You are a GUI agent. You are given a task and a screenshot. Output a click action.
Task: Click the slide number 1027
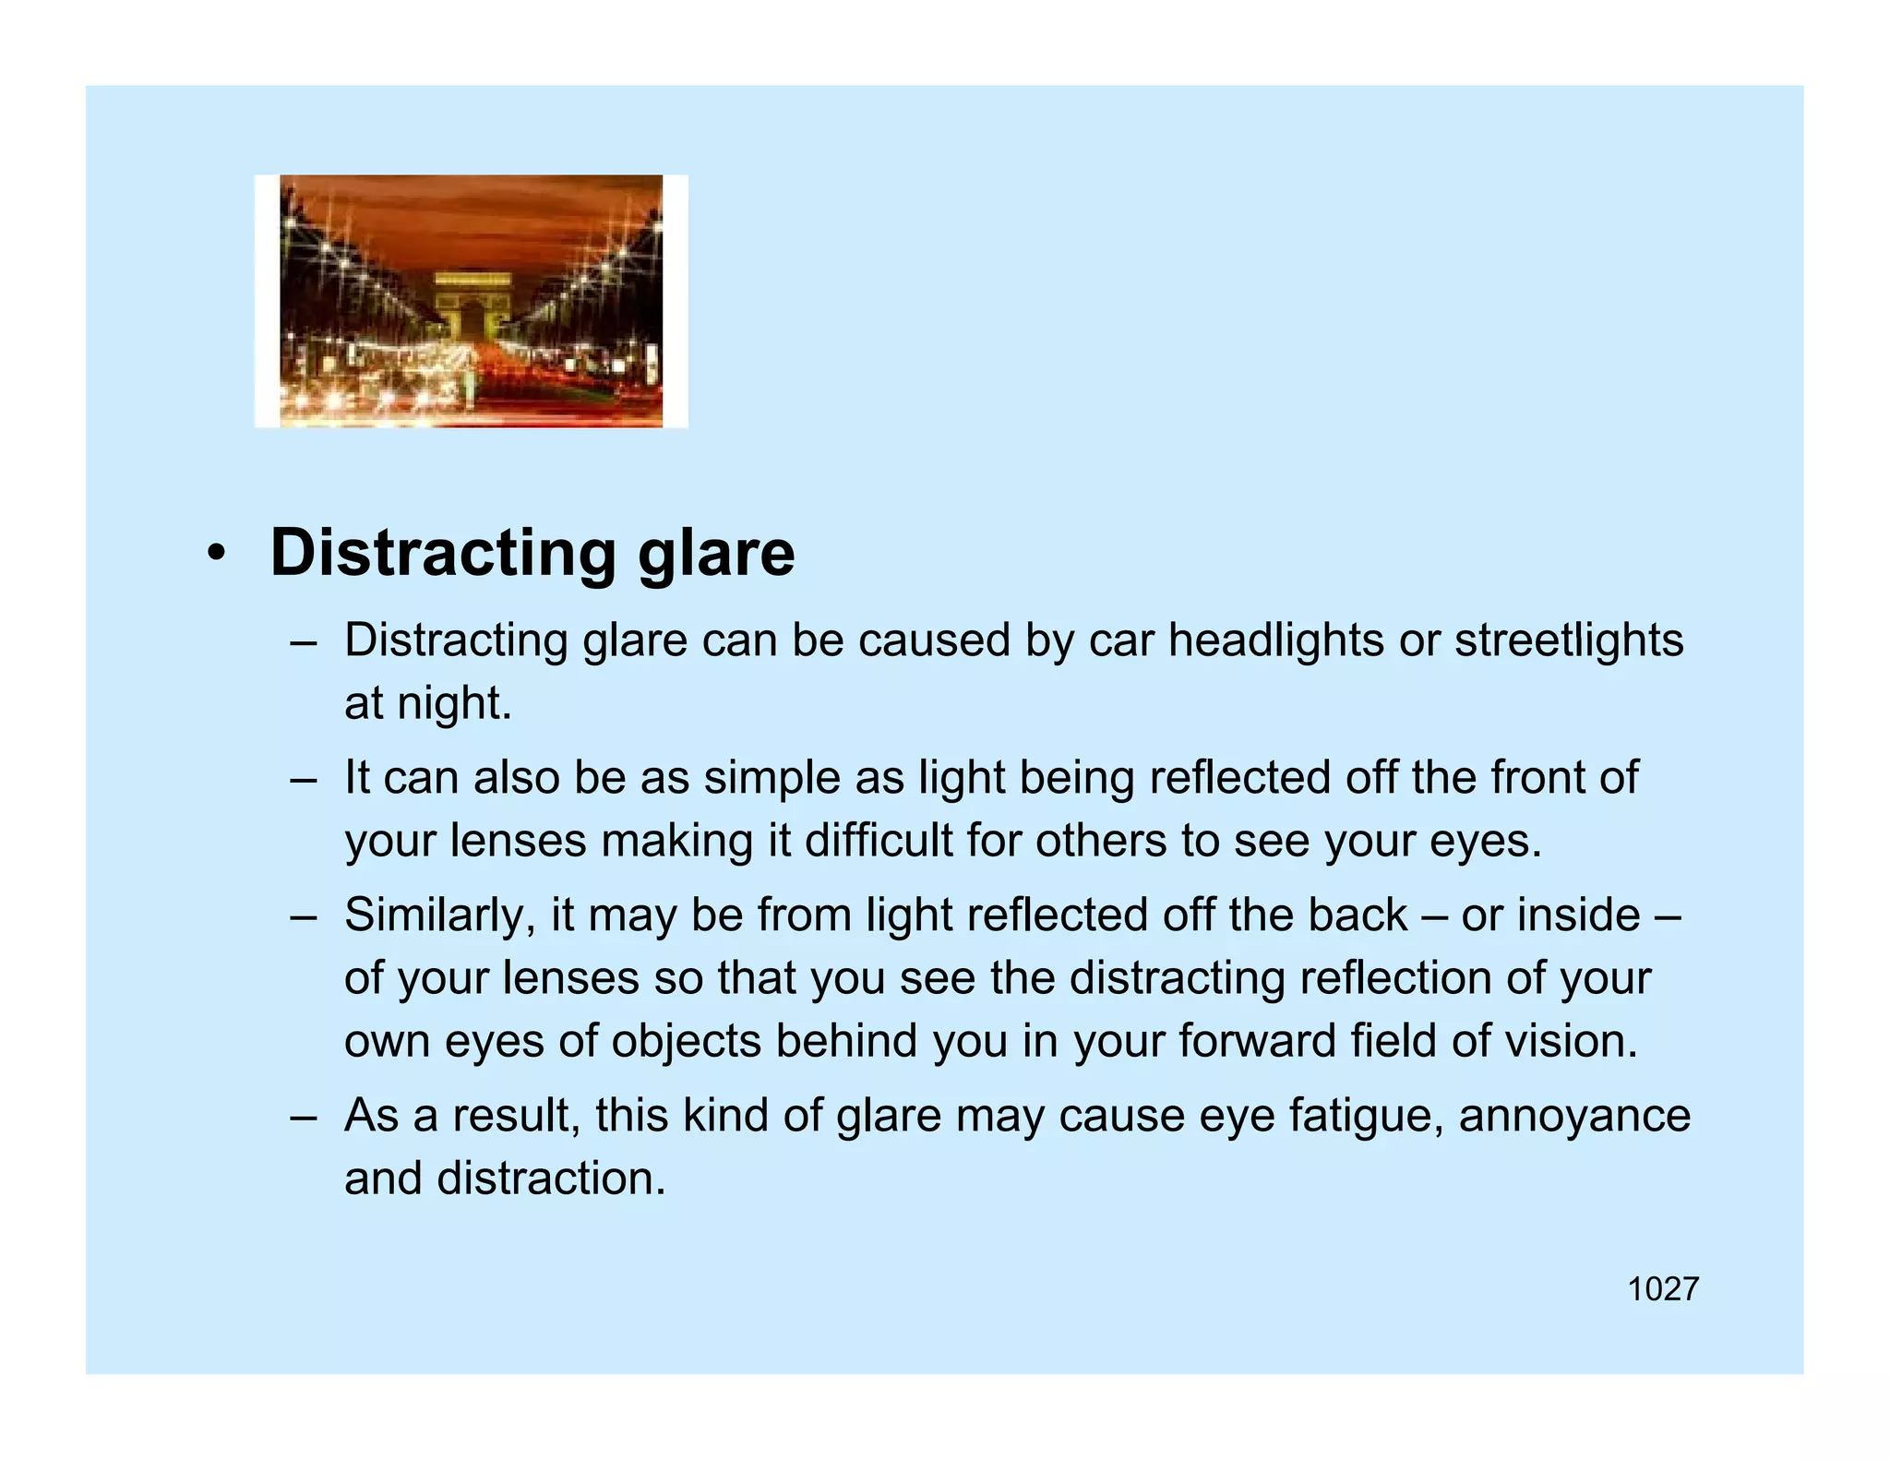pos(1662,1289)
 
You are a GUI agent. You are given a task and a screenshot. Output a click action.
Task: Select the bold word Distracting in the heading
pos(442,554)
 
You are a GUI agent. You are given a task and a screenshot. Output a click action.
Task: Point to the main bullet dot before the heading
pos(215,556)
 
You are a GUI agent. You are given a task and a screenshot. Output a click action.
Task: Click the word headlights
pos(1275,640)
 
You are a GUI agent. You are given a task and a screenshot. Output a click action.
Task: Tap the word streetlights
pos(1569,640)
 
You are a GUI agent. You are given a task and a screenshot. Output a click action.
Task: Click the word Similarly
pos(439,915)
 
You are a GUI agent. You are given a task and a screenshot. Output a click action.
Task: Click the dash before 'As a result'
pos(303,1117)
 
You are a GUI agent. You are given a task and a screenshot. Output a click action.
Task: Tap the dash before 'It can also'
pos(303,779)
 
